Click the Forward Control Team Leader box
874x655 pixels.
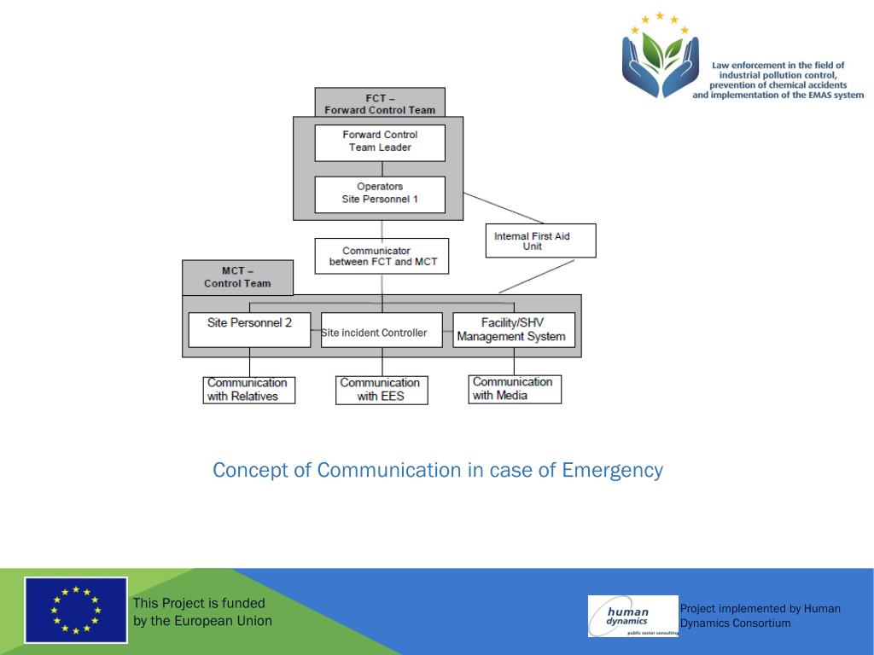(x=380, y=142)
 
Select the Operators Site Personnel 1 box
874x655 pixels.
(x=380, y=194)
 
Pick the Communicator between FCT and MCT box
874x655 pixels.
(x=382, y=256)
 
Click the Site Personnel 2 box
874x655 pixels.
(x=249, y=329)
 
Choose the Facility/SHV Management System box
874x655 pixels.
(x=514, y=330)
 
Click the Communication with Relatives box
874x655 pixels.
(x=249, y=390)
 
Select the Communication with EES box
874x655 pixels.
(x=382, y=390)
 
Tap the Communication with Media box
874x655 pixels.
(x=515, y=389)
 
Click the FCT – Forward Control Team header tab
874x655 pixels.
(x=380, y=103)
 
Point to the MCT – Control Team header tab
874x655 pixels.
(x=237, y=277)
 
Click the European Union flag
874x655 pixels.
(x=76, y=610)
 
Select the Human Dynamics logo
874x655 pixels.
(x=632, y=616)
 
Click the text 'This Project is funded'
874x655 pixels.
(x=199, y=603)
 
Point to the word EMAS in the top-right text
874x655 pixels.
(x=813, y=96)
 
